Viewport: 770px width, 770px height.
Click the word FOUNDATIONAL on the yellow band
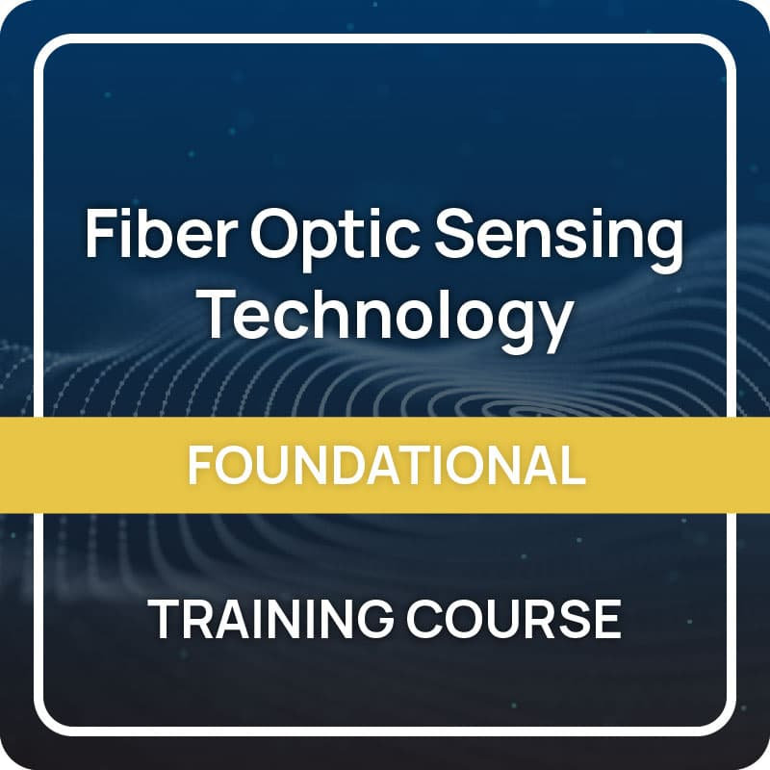point(385,465)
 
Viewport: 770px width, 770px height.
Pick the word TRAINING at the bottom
point(269,619)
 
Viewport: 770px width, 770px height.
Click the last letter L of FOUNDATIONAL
point(572,465)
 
